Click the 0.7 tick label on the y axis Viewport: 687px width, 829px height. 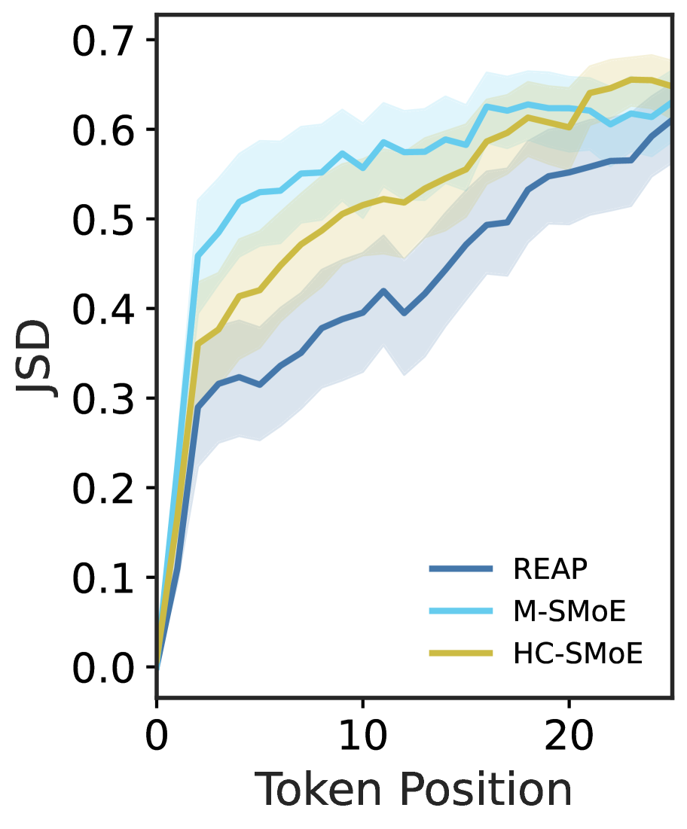pos(104,41)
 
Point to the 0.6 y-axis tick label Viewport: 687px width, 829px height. pos(104,130)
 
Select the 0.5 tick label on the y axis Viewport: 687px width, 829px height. pos(104,220)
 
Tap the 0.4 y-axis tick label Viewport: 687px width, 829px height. pos(104,309)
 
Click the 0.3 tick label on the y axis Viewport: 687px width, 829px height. pos(104,399)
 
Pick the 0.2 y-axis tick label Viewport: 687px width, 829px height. pos(104,489)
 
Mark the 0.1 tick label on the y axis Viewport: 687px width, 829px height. pos(104,578)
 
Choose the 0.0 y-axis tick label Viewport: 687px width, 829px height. pos(104,668)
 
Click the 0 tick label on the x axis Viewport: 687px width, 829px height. pos(157,733)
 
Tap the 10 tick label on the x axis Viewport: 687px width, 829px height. pos(363,733)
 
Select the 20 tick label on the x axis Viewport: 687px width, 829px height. pos(569,733)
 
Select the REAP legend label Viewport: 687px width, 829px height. pos(551,570)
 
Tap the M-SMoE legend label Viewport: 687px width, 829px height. pos(569,611)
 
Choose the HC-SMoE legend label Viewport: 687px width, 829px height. pos(578,654)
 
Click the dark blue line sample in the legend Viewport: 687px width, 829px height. pos(461,570)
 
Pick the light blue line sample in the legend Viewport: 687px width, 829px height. pos(461,611)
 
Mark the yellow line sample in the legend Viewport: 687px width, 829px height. pos(461,654)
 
